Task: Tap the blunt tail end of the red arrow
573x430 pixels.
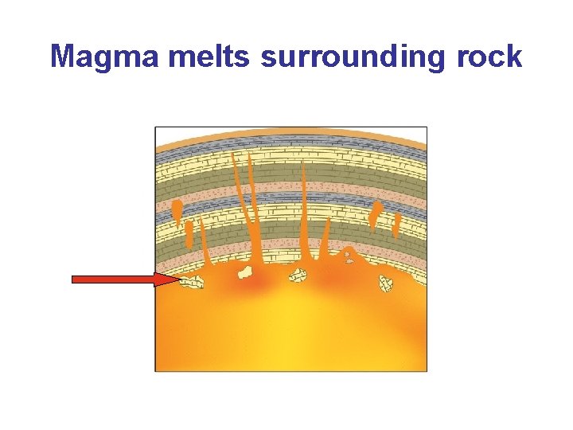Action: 75,279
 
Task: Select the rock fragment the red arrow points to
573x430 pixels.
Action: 192,282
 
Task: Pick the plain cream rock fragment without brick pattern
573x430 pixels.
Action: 246,273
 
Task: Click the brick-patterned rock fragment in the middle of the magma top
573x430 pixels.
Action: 298,276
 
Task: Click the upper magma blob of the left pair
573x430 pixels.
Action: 177,210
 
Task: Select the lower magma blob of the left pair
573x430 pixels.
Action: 189,233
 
